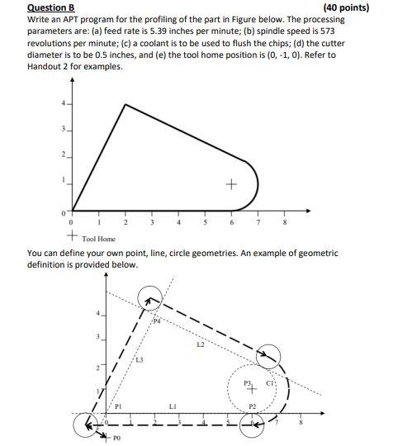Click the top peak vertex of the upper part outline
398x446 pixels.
tap(125, 104)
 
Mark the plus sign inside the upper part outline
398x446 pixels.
tap(232, 183)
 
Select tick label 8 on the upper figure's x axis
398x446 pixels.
tap(286, 222)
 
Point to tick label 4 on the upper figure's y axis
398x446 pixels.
tap(60, 103)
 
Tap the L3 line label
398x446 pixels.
tap(140, 360)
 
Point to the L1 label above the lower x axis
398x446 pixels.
tap(173, 406)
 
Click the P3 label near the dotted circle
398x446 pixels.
tap(246, 382)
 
